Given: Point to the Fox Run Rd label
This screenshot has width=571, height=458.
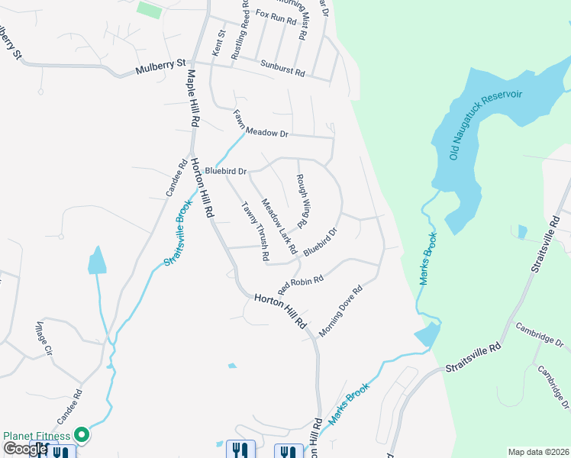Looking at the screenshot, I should (276, 17).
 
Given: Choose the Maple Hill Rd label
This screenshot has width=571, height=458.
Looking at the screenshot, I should (192, 97).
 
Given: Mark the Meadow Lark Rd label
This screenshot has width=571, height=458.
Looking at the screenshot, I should (279, 227).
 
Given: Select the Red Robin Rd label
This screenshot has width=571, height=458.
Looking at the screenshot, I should (302, 285).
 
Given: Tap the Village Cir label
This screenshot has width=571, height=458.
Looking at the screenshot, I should (43, 340).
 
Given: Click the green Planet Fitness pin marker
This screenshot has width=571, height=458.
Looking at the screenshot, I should (82, 436).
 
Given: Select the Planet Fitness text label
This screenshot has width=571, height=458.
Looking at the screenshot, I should (37, 436).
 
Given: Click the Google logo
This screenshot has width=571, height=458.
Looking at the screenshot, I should (24, 449).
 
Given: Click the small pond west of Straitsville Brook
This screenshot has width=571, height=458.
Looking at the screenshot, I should (97, 261).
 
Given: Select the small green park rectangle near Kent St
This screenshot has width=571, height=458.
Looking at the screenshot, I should (150, 10).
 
